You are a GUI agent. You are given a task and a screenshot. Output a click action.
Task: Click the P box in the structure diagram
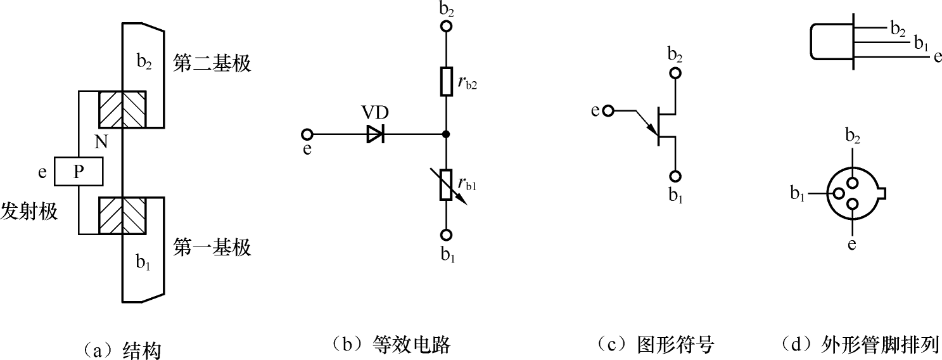79,171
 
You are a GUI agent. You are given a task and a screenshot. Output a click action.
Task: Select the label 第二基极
212,64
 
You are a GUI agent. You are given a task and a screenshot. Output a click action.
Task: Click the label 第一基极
212,248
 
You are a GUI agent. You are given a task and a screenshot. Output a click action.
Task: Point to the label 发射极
29,212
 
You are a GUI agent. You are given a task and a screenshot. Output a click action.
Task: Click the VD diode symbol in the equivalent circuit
376,134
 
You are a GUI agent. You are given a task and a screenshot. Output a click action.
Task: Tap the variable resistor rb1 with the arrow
446,184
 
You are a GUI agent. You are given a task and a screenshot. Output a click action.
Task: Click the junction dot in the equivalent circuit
446,134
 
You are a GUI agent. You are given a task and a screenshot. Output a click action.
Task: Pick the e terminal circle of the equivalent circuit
308,134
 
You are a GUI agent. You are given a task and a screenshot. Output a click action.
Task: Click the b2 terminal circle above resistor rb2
446,27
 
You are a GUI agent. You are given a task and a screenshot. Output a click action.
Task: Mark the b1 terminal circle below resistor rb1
446,235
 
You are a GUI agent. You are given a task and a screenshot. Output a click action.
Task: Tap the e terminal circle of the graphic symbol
609,112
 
